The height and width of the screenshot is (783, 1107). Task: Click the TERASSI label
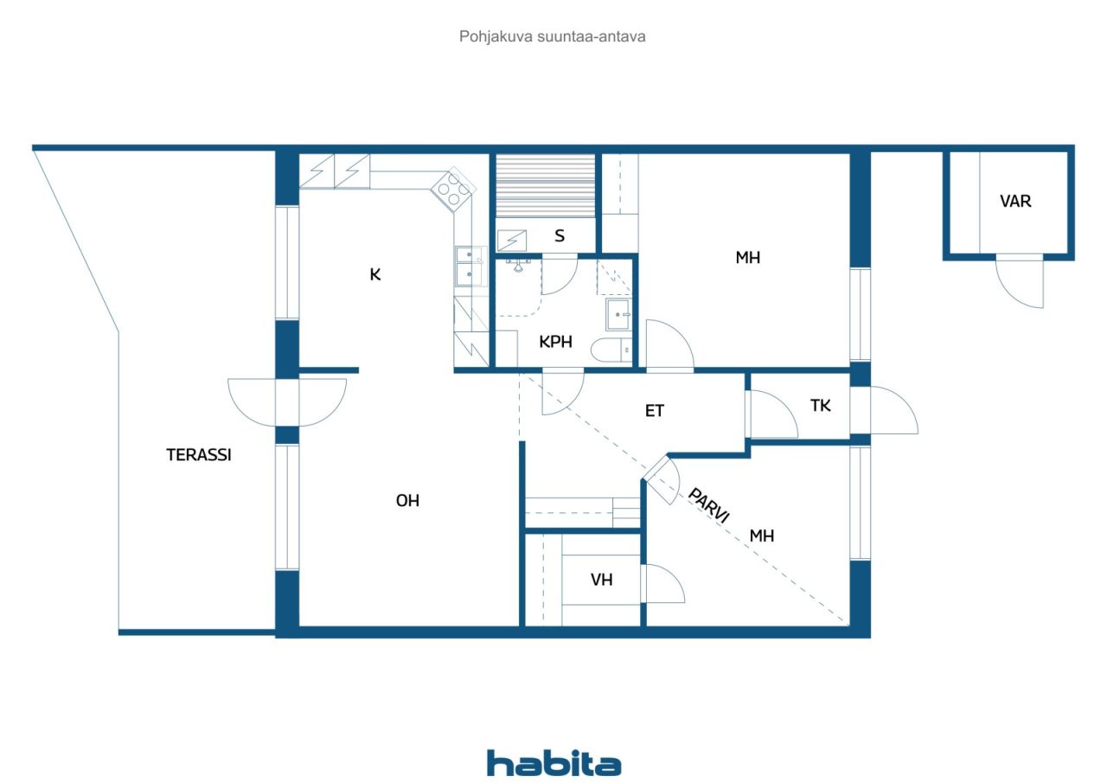(199, 455)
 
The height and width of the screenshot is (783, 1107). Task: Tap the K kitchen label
(375, 274)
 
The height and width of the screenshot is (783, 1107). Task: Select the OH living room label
(407, 501)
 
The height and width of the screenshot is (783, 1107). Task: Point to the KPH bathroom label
(555, 342)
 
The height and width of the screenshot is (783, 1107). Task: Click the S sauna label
(560, 236)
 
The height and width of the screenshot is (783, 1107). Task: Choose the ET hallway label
(655, 411)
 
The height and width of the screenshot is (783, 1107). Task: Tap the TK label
(821, 406)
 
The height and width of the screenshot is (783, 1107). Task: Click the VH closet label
(601, 580)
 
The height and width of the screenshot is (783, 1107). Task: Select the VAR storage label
(1015, 202)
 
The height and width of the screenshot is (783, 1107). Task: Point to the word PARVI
(708, 505)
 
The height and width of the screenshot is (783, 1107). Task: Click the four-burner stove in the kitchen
(453, 189)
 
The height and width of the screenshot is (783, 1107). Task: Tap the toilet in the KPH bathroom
(611, 350)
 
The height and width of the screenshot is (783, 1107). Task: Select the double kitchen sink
(470, 267)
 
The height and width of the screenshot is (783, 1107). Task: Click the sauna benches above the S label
(546, 186)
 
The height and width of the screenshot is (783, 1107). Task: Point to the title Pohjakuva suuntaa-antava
(552, 36)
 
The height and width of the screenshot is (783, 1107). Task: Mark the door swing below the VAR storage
(1020, 282)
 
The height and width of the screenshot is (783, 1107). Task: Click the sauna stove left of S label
(511, 241)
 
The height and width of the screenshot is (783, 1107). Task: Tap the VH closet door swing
(663, 583)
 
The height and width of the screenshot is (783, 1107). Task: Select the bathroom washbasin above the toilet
(617, 314)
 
